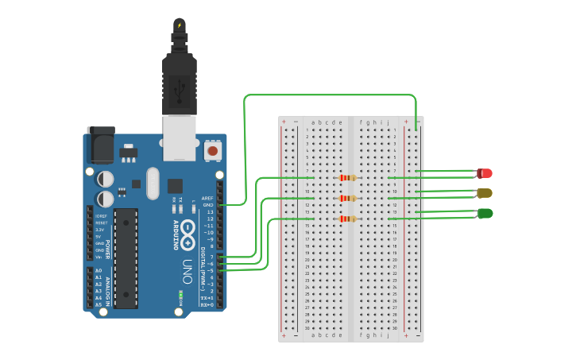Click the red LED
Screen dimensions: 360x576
[485, 172]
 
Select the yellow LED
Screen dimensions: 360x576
[485, 193]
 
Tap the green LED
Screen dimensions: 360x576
[485, 213]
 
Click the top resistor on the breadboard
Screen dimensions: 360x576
[347, 177]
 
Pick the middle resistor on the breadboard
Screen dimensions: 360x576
[347, 198]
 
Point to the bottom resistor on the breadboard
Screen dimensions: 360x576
[347, 219]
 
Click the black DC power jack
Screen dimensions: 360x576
[101, 141]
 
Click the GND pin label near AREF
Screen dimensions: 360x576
[208, 205]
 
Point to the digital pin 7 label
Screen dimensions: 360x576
[211, 257]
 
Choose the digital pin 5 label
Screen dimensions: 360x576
[211, 270]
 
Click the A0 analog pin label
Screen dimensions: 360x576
[99, 271]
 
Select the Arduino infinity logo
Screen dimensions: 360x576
[187, 234]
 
